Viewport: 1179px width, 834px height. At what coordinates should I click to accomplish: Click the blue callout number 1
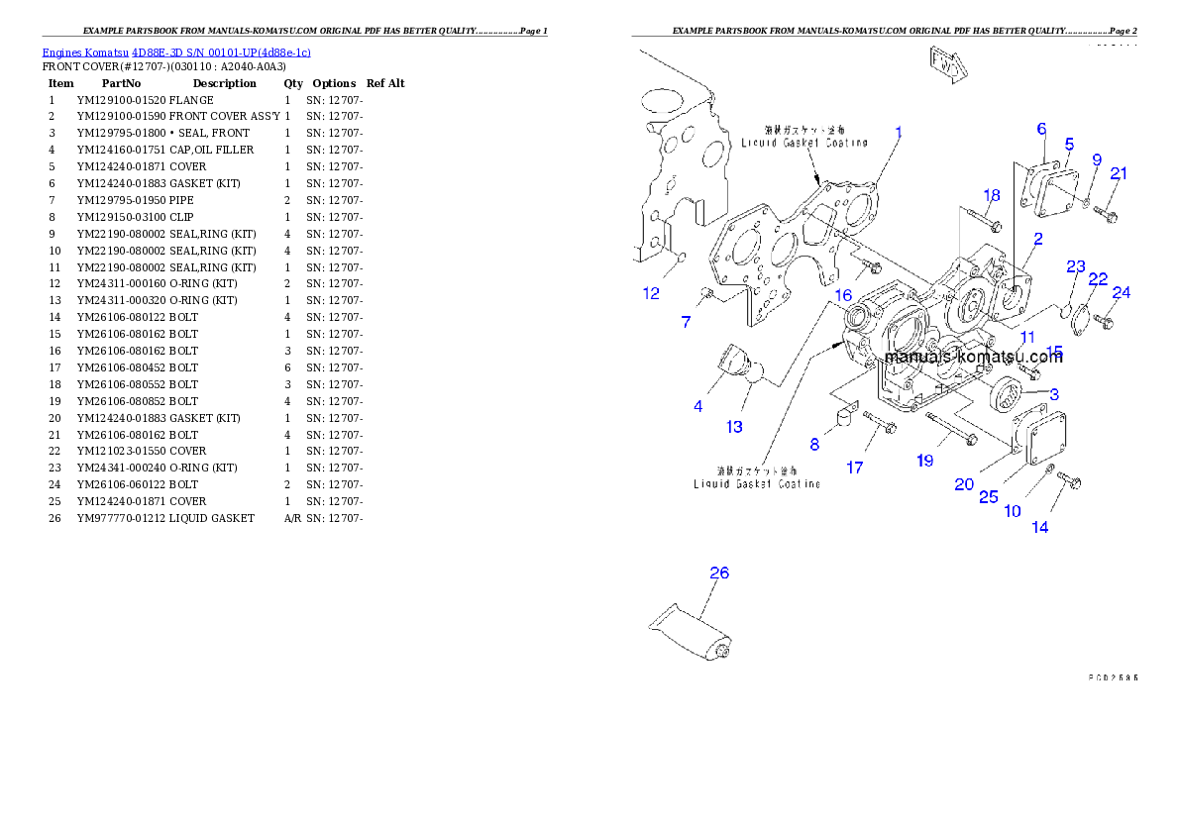[899, 132]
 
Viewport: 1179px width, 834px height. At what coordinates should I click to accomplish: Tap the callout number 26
[719, 573]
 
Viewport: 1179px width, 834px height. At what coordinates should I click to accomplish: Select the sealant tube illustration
[691, 633]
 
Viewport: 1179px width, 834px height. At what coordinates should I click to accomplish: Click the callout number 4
[698, 406]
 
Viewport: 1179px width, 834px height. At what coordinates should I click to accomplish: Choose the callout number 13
[734, 427]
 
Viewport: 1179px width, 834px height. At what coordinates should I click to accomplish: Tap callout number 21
[1118, 173]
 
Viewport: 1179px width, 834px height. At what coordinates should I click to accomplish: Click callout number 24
[1121, 293]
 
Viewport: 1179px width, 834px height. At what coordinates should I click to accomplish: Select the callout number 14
[1039, 527]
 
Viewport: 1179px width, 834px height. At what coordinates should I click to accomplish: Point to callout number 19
[924, 461]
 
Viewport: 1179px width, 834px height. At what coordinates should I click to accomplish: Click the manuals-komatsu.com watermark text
[973, 358]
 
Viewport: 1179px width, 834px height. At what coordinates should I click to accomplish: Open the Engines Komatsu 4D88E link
[176, 52]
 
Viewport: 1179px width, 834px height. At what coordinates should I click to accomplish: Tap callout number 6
[1041, 129]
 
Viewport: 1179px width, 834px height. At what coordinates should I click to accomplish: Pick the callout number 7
[686, 322]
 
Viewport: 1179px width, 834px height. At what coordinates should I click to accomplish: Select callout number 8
[814, 445]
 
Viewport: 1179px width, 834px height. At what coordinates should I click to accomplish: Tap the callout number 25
[989, 497]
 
